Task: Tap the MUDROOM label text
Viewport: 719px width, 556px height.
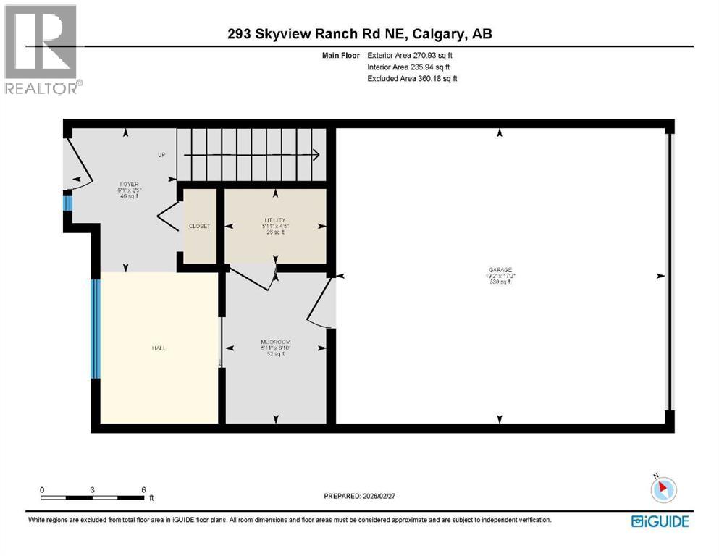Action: tap(275, 342)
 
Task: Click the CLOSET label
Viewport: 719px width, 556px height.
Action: tap(199, 226)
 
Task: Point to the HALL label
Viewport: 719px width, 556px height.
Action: tap(159, 348)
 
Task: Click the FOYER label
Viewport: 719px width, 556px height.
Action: tap(128, 184)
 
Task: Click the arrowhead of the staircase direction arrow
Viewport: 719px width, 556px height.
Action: tap(316, 154)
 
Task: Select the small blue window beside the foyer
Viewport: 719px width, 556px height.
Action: tap(68, 201)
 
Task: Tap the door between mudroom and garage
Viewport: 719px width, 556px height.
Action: tap(322, 303)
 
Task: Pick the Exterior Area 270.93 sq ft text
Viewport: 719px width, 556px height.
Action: tap(412, 55)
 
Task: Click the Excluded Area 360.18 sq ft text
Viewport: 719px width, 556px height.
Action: tap(412, 78)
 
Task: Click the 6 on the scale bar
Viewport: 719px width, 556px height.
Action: tap(143, 489)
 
